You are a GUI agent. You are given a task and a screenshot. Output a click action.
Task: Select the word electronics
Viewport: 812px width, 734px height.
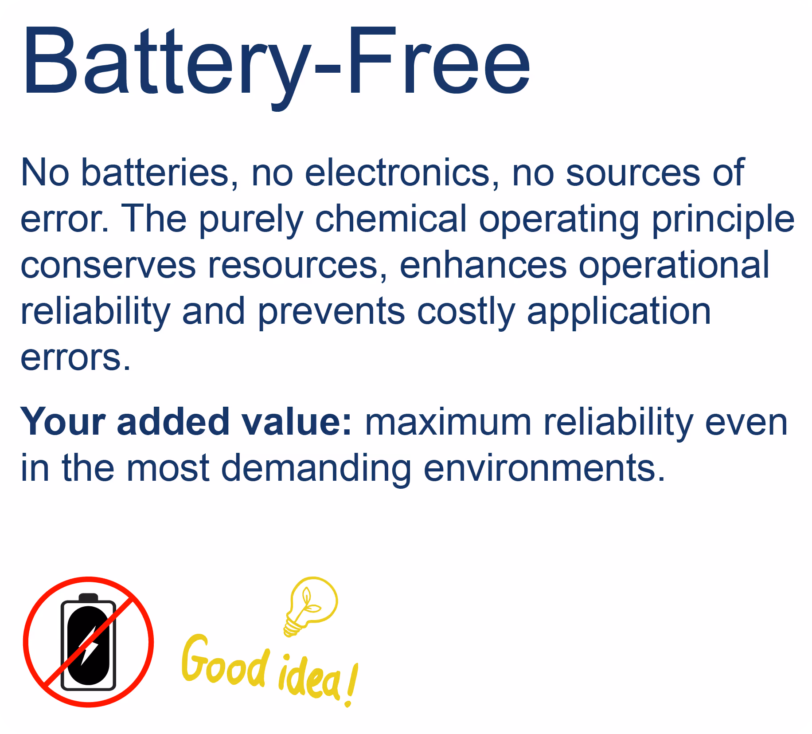pyautogui.click(x=397, y=173)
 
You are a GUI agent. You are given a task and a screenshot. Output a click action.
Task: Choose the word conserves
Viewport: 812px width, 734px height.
pyautogui.click(x=108, y=265)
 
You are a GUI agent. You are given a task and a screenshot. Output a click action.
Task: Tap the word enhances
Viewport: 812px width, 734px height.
pyautogui.click(x=483, y=265)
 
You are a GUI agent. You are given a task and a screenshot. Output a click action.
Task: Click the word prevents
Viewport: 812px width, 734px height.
pyautogui.click(x=332, y=312)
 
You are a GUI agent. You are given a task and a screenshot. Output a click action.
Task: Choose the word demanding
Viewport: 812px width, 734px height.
pyautogui.click(x=316, y=469)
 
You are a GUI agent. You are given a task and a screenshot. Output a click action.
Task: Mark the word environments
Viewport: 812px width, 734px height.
pyautogui.click(x=544, y=468)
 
